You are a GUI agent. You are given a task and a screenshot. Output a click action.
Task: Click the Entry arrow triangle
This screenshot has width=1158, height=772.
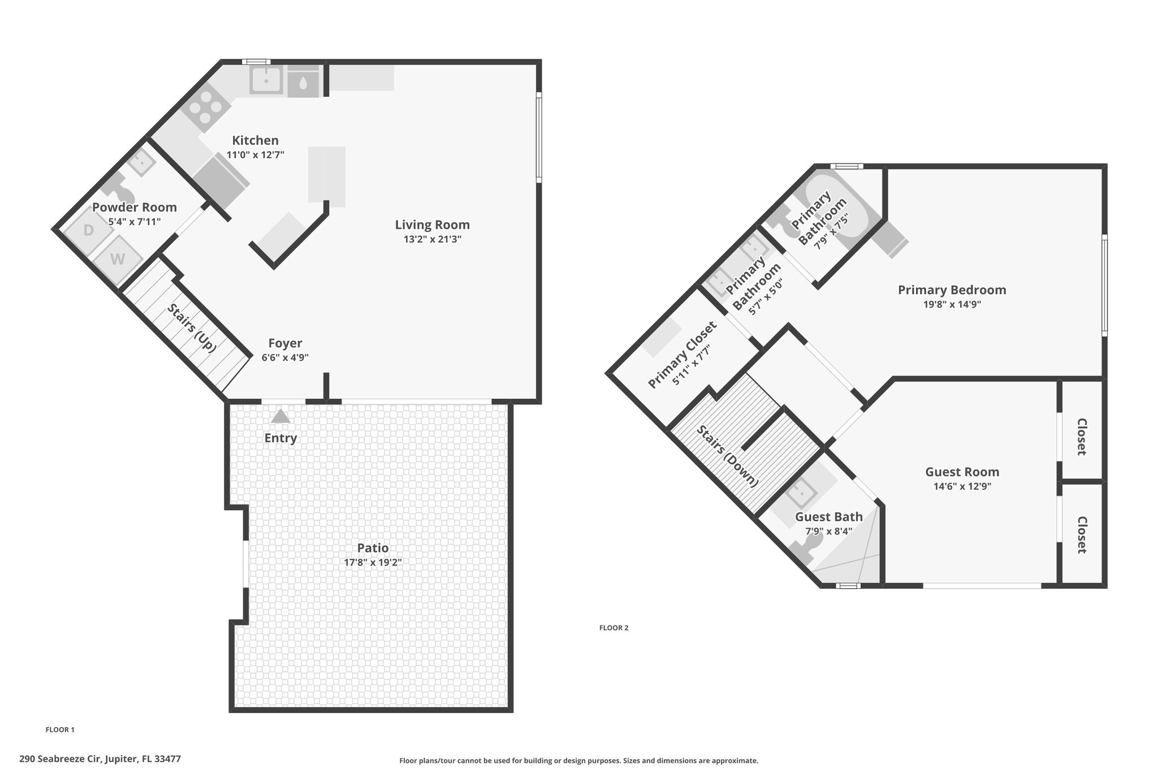(x=280, y=416)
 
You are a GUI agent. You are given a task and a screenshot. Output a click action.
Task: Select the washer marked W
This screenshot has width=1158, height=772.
(x=118, y=260)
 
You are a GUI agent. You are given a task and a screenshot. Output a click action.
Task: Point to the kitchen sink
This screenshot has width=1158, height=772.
(x=266, y=80)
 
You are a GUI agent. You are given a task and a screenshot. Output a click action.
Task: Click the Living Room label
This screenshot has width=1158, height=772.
(x=432, y=225)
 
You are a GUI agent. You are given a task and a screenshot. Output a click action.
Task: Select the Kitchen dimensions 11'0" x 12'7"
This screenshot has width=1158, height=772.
(x=255, y=154)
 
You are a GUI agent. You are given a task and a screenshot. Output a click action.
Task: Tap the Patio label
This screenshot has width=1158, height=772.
(x=373, y=547)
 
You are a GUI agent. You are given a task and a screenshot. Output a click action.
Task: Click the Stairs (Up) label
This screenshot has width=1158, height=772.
(x=192, y=329)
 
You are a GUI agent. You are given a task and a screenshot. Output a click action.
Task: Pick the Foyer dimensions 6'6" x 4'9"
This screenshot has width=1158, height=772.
(x=285, y=357)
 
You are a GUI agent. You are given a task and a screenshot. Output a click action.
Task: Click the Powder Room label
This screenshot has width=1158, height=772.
(x=135, y=207)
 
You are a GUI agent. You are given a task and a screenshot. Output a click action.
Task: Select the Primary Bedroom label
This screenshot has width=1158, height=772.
(x=952, y=290)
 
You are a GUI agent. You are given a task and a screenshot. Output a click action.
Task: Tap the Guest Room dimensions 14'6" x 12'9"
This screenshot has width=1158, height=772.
(x=962, y=486)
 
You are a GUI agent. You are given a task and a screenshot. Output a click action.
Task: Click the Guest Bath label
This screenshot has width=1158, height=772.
(x=829, y=516)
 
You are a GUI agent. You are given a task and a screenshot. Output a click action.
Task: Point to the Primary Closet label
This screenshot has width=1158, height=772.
(x=682, y=355)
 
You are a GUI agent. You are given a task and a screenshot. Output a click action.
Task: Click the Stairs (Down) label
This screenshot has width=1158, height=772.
(x=727, y=456)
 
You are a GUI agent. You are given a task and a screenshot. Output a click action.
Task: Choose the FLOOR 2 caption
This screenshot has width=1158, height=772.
(x=614, y=628)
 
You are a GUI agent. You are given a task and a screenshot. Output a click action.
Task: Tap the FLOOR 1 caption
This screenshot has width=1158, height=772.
(x=60, y=730)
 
